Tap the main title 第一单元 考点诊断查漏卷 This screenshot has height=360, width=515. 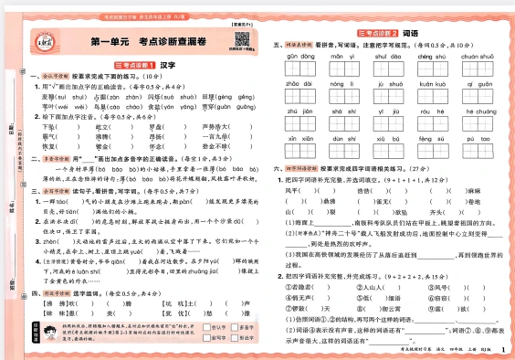point(150,42)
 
